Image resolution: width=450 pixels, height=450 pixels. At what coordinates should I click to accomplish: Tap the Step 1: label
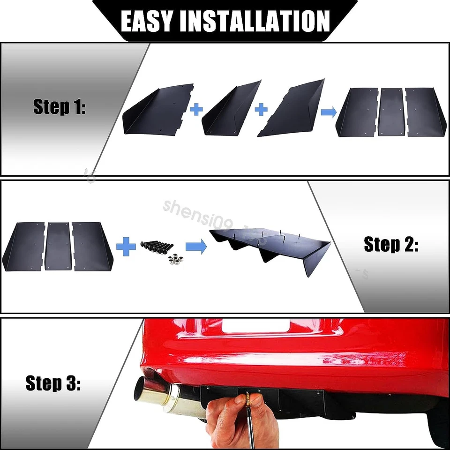[x=60, y=107]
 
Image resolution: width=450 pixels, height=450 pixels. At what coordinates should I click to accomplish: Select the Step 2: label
[x=391, y=244]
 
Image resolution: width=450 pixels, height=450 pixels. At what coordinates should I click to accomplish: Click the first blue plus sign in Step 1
[x=196, y=110]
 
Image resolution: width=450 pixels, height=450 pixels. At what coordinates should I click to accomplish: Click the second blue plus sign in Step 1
[x=261, y=110]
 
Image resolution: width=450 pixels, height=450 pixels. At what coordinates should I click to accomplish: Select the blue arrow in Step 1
[x=328, y=112]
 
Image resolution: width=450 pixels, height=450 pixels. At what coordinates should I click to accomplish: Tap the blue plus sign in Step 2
[x=126, y=247]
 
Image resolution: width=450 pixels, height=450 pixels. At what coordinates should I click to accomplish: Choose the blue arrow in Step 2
[x=196, y=247]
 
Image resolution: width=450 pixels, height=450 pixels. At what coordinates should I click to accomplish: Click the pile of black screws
[x=157, y=246]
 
